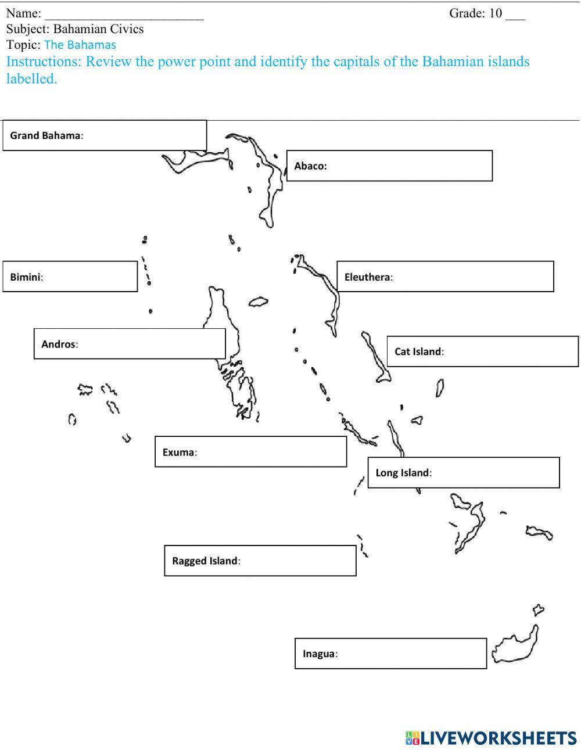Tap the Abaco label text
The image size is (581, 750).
pos(310,166)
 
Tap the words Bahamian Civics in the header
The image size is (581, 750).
pos(98,29)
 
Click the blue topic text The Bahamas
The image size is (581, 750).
pos(80,45)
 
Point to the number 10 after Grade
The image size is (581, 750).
pos(495,13)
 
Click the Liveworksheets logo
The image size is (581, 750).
pos(491,737)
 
